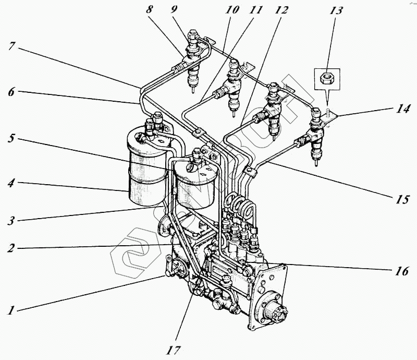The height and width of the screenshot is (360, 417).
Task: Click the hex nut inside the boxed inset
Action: pos(326,78)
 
